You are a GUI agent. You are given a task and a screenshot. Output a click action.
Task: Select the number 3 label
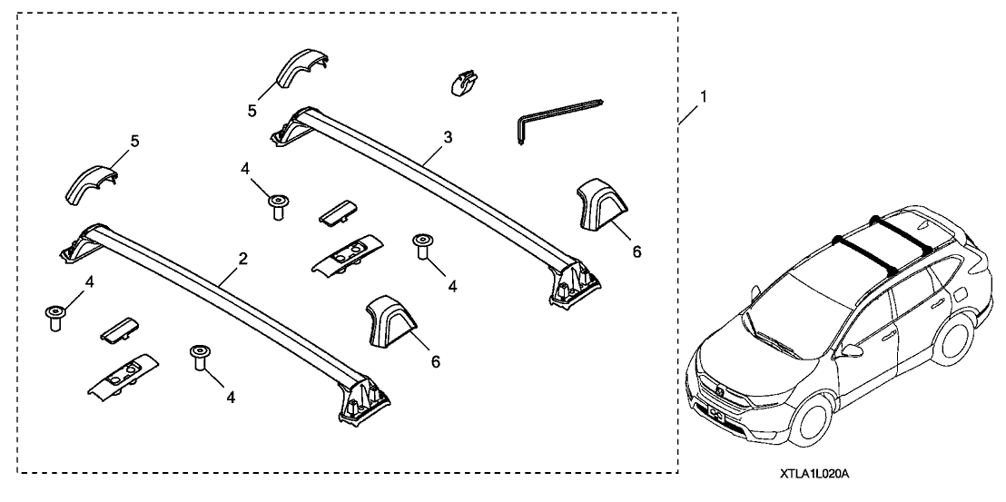pyautogui.click(x=448, y=138)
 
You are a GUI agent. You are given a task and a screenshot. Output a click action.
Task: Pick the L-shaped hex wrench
pyautogui.click(x=554, y=118)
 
